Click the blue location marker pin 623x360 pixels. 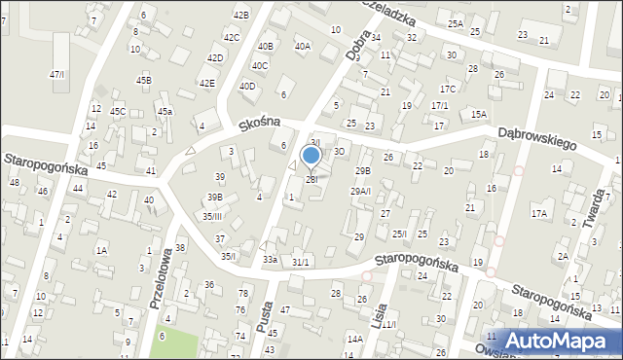coord(311,156)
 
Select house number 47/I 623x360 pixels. coord(57,75)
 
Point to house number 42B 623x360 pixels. coord(241,15)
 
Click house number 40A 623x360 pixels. coord(302,46)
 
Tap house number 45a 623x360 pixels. coord(165,112)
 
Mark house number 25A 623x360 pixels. coord(455,22)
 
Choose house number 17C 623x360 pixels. coord(447,89)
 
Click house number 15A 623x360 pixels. coord(478,114)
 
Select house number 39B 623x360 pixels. coord(214,198)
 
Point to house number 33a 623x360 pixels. coord(270,260)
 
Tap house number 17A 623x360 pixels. coord(539,213)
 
